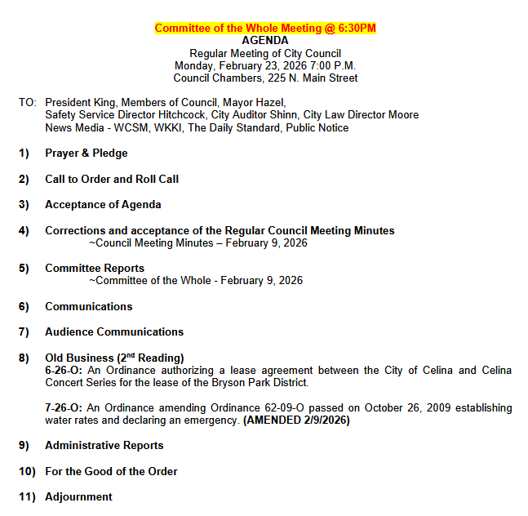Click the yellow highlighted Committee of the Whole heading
pos(265,29)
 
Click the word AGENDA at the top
pos(265,40)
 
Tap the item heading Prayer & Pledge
pos(86,153)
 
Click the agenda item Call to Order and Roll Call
pos(112,179)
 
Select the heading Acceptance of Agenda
pos(103,204)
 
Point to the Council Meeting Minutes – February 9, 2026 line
pos(197,242)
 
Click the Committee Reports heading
pos(95,268)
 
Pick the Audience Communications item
pos(114,331)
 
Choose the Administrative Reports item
pos(104,445)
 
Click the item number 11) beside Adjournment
pos(28,496)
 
